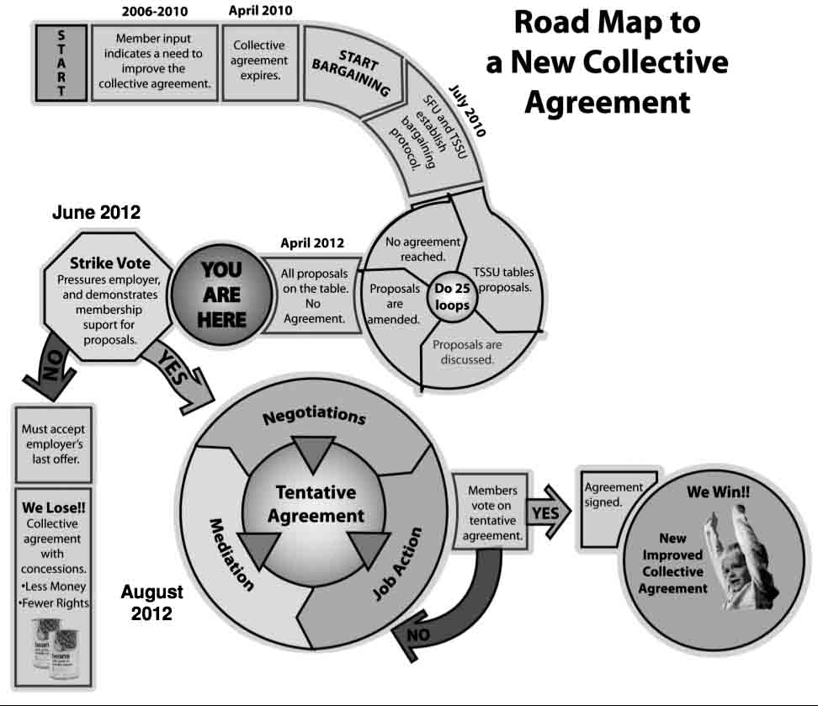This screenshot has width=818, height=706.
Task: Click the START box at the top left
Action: click(x=61, y=61)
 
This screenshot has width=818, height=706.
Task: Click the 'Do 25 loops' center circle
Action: click(x=452, y=297)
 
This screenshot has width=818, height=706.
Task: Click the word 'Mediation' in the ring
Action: click(x=230, y=553)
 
